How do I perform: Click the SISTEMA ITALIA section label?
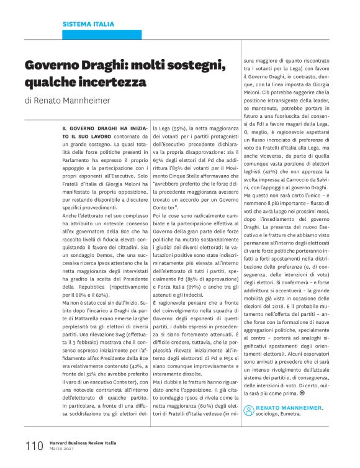88,24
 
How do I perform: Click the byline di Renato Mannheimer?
69,100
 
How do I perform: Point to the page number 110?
34,446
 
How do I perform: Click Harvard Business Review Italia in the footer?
84,443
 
